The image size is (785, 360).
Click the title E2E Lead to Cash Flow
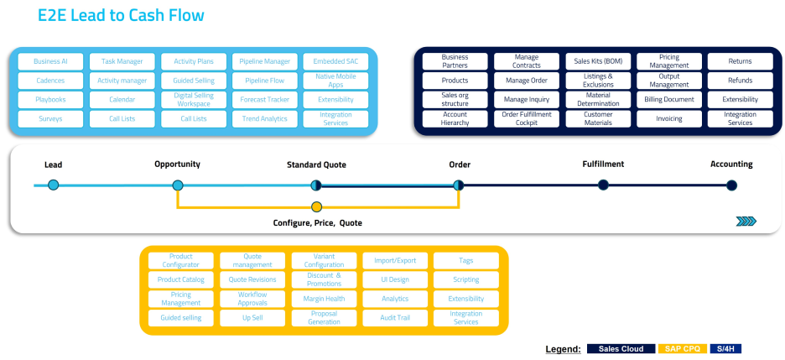click(x=121, y=16)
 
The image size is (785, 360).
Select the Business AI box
click(x=50, y=61)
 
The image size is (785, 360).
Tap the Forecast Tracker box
click(x=264, y=100)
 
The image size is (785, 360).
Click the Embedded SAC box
click(x=335, y=61)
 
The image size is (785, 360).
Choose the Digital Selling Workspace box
click(x=193, y=100)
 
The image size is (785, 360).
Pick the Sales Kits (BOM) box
click(x=598, y=61)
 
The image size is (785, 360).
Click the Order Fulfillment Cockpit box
click(x=526, y=119)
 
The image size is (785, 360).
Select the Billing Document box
click(x=669, y=100)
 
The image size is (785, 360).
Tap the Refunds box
click(x=740, y=81)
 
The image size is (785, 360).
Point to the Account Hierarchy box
click(x=455, y=119)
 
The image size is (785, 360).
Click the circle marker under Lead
click(x=54, y=185)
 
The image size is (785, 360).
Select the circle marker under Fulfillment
click(x=603, y=185)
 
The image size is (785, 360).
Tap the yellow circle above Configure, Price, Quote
click(x=316, y=207)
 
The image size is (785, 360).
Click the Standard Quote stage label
click(x=316, y=164)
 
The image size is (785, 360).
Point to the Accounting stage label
click(x=731, y=164)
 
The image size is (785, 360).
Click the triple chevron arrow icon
click(x=746, y=222)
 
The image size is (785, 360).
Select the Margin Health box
click(x=324, y=299)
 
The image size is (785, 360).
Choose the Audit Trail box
click(x=395, y=318)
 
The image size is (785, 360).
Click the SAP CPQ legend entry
click(x=682, y=348)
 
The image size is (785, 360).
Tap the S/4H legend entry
click(x=726, y=348)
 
